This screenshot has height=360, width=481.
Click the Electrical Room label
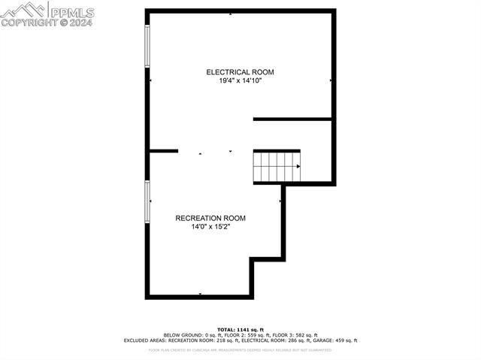(x=240, y=72)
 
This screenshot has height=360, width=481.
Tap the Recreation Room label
(x=210, y=218)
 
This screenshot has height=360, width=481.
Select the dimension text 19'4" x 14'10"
(x=240, y=80)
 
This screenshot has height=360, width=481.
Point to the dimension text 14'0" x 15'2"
(x=210, y=226)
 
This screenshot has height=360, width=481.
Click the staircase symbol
(x=276, y=166)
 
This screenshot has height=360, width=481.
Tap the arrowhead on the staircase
(x=298, y=166)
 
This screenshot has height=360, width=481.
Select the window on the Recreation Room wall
(x=147, y=201)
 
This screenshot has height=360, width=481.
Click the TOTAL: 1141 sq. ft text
(x=240, y=329)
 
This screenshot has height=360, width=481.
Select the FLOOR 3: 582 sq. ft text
(x=295, y=335)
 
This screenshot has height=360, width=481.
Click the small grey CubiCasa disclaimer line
(x=240, y=349)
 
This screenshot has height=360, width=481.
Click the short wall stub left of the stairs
(x=164, y=151)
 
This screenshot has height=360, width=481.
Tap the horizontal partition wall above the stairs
(x=292, y=119)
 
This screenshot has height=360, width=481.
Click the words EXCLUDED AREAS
(x=144, y=340)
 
